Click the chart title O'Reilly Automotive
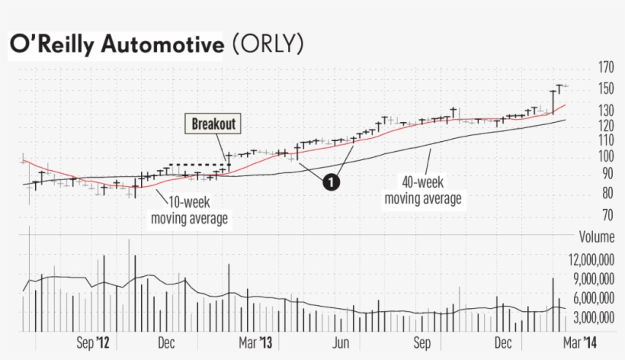[117, 45]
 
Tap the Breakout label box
[213, 124]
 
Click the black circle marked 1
[331, 182]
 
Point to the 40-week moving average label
[423, 191]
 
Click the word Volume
[597, 236]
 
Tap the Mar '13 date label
[255, 343]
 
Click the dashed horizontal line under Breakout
[199, 165]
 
